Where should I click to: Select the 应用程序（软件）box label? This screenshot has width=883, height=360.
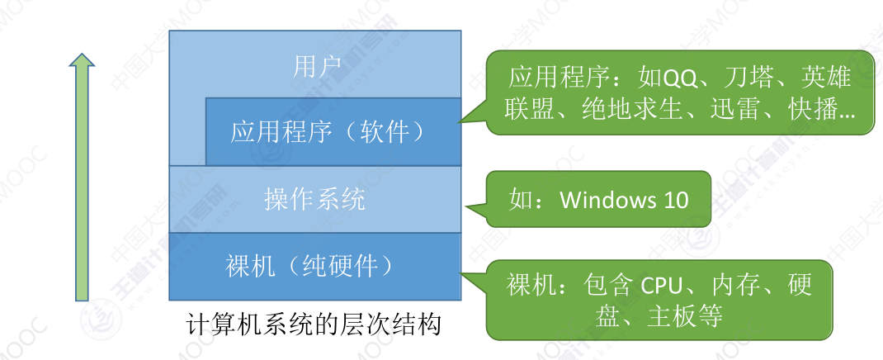click(328, 131)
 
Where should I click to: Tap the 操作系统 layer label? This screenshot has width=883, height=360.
click(314, 199)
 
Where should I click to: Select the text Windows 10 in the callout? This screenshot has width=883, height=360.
click(624, 200)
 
